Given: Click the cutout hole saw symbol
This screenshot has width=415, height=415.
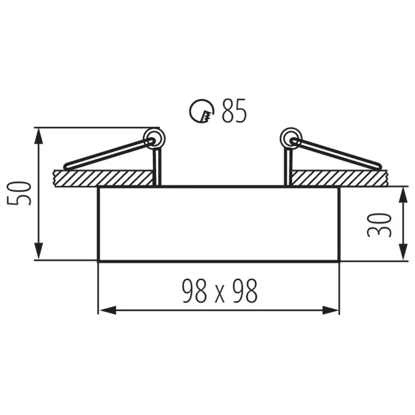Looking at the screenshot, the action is pos(202,111).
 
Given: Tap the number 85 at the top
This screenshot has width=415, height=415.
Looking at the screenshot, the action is pos(234,110).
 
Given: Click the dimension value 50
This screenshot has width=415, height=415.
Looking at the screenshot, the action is pos(19,194).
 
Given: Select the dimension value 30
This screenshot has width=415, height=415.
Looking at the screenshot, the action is pos(380,225).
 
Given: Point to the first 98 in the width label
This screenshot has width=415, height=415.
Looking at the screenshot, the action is pos(195,291).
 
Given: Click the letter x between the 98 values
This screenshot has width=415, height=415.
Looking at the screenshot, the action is pos(219,295).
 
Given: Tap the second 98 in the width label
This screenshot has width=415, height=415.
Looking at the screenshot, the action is pos(245,291).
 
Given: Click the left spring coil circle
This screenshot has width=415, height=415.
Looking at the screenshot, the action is pos(154,139).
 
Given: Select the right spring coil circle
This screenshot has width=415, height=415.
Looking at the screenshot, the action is pos(291,139).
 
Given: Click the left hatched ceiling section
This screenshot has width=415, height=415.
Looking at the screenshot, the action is pos(103,178).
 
